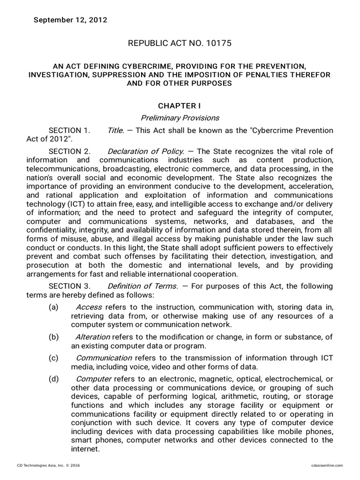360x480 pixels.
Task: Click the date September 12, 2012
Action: (70, 20)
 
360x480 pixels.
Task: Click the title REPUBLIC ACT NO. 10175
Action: (180, 43)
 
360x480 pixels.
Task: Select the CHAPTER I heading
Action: (180, 106)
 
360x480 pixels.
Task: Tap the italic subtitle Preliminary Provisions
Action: (180, 118)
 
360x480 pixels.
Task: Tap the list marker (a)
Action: (53, 307)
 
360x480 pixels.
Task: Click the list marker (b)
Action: (53, 337)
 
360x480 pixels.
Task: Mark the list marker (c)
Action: (53, 358)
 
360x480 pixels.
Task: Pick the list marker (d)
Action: (53, 379)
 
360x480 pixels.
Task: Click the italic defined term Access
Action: (85, 307)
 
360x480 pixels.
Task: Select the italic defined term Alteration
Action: (92, 337)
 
